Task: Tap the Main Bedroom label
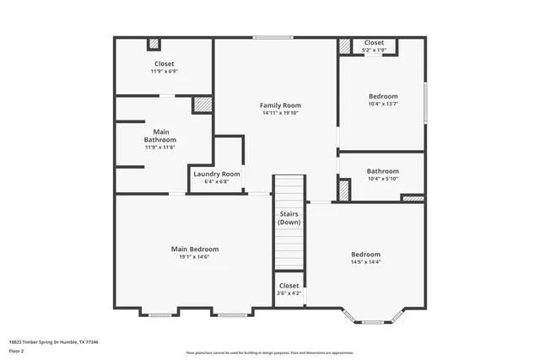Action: tap(195, 249)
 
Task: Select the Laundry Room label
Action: tap(217, 174)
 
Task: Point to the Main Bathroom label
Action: tap(160, 135)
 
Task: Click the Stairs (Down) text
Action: tap(289, 218)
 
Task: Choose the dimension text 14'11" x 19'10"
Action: tap(280, 114)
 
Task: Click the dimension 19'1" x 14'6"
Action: tap(195, 257)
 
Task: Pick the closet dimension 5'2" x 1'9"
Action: tap(374, 51)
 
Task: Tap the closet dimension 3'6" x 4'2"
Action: tap(289, 293)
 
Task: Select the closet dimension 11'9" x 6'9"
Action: tap(164, 72)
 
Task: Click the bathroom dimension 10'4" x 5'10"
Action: tap(382, 179)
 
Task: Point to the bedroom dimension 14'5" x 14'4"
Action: tap(366, 262)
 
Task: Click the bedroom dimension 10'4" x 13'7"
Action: tap(382, 104)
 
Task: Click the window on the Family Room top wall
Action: tap(273, 37)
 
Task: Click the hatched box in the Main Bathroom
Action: tap(202, 105)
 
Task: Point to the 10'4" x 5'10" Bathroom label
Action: tap(382, 170)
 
